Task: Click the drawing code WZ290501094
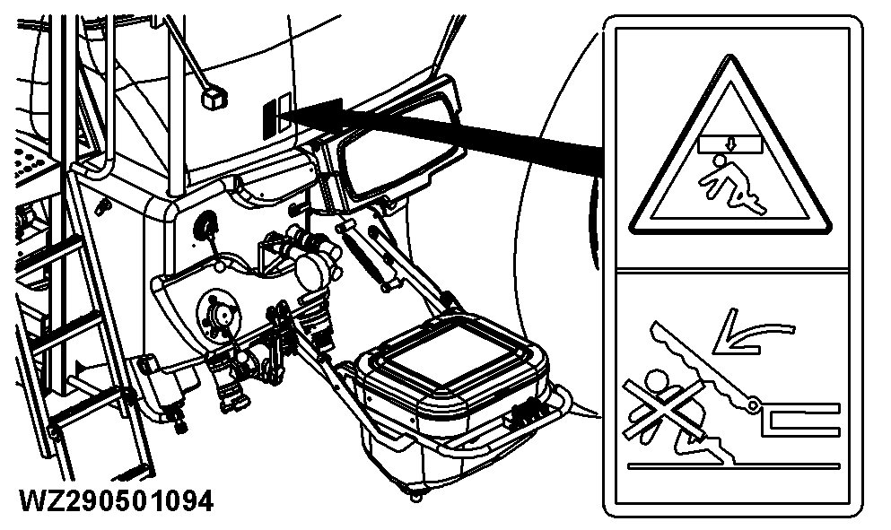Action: click(117, 501)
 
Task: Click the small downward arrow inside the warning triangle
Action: click(730, 144)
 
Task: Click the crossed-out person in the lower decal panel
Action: click(665, 409)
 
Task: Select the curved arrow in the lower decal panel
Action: click(750, 334)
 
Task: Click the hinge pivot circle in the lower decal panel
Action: click(754, 405)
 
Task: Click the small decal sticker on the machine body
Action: click(276, 115)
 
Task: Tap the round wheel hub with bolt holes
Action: click(218, 314)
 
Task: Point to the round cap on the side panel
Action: click(206, 225)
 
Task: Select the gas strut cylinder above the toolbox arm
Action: click(367, 255)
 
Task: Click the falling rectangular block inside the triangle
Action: click(729, 144)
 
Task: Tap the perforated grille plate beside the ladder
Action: click(31, 162)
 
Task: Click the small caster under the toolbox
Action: click(415, 495)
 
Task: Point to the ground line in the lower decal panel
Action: click(734, 465)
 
